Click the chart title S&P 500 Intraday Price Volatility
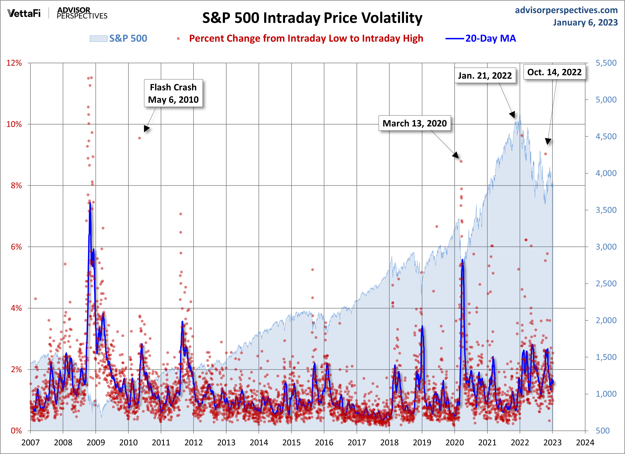coord(312,18)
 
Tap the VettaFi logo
coord(24,13)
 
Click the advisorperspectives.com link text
coord(566,10)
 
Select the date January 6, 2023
coord(585,22)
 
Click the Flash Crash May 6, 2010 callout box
coord(173,93)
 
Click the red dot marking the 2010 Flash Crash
coord(140,138)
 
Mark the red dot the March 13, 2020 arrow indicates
coord(461,161)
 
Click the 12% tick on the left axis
coord(14,63)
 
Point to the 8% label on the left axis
coord(16,185)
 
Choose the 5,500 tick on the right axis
coord(606,63)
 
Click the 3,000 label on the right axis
coord(606,247)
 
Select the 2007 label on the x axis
coord(30,442)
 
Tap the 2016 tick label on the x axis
coord(324,442)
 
